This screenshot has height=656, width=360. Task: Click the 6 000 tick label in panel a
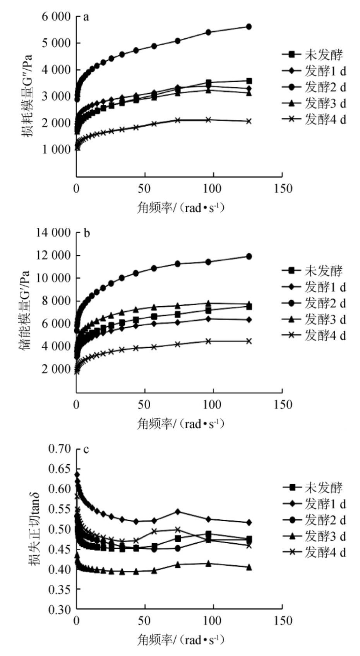[57, 17]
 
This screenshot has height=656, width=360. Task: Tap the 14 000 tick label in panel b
[54, 233]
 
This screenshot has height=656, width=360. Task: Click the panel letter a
[86, 17]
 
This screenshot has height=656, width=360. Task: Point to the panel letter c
[86, 449]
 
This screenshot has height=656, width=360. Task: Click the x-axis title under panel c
[181, 640]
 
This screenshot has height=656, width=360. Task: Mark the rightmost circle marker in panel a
[249, 26]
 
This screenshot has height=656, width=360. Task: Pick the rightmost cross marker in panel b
[249, 341]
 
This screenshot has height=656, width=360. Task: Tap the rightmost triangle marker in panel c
[249, 567]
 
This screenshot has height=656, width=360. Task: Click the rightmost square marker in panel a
[249, 81]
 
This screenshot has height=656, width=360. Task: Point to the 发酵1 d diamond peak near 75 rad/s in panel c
[178, 512]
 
